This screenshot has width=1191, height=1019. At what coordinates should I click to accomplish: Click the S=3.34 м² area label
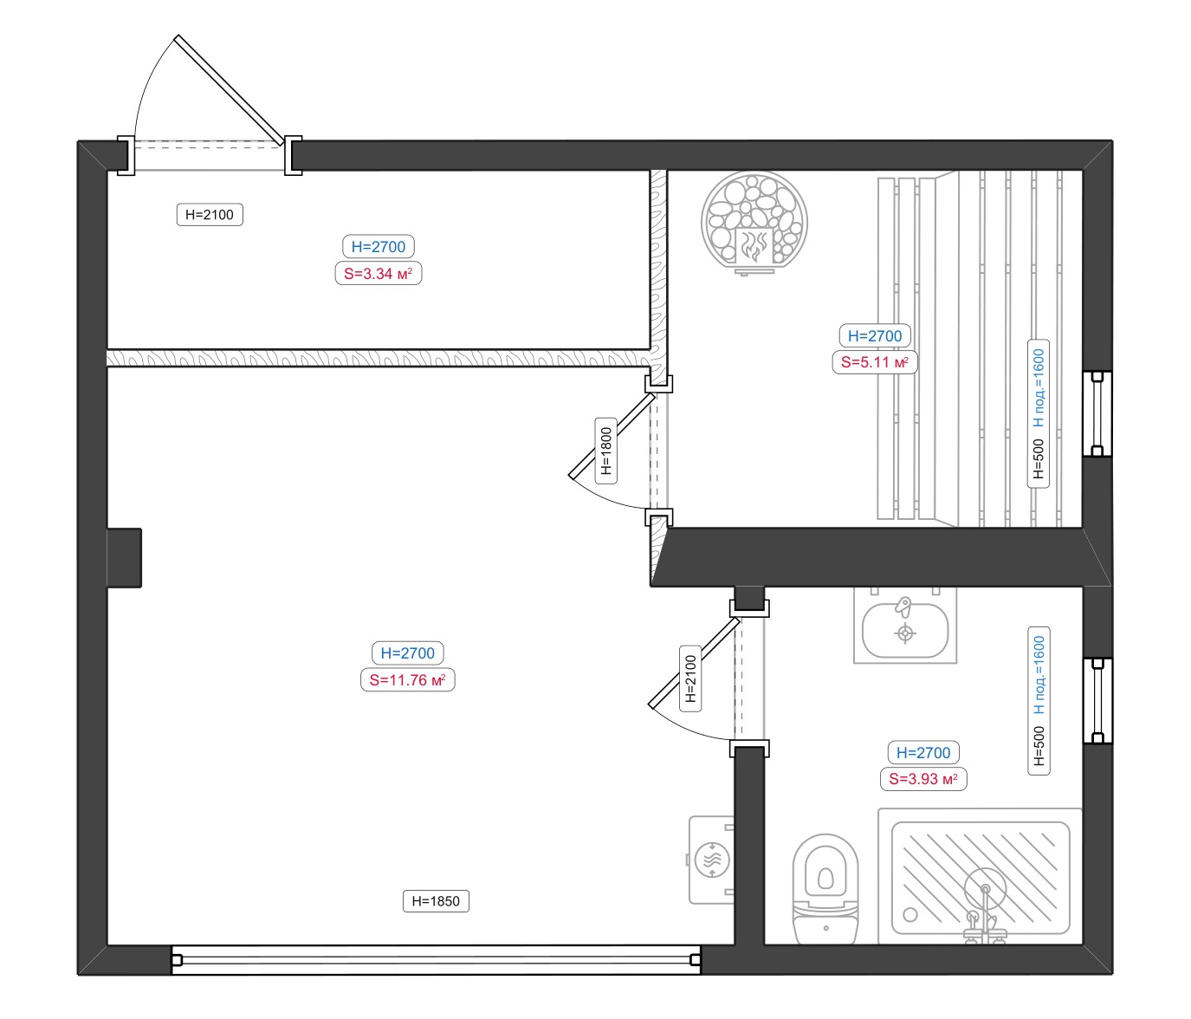click(378, 273)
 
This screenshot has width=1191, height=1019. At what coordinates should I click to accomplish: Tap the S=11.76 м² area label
click(407, 679)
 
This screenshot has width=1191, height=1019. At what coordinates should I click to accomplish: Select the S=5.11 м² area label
click(875, 362)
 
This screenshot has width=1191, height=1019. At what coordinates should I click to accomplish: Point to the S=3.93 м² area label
click(923, 779)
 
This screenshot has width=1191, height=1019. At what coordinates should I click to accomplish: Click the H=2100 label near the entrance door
click(210, 214)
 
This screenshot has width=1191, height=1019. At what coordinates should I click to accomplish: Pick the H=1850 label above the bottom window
click(436, 901)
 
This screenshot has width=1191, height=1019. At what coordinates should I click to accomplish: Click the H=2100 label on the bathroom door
click(691, 678)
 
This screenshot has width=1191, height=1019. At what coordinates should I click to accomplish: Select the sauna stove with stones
click(754, 223)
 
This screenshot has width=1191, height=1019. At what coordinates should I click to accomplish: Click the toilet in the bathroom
click(825, 888)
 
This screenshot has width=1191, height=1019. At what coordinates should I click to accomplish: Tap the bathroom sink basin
click(904, 631)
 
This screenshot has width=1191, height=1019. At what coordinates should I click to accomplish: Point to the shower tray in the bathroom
click(981, 877)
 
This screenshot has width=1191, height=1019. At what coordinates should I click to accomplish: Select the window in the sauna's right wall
click(1097, 414)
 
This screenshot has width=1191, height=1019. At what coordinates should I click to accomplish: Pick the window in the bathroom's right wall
click(1097, 701)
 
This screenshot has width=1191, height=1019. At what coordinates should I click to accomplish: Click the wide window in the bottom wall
click(437, 959)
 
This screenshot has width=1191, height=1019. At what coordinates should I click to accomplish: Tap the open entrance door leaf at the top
click(230, 90)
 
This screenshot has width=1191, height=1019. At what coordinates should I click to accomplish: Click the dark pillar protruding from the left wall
click(125, 558)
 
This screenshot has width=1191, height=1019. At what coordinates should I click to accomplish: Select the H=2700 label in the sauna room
click(875, 335)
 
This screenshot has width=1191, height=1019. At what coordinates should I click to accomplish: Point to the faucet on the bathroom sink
click(903, 606)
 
